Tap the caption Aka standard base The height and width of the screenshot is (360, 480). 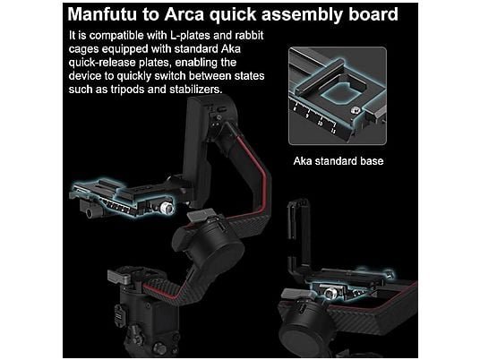tap(339, 161)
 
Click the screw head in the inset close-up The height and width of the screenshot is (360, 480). tap(356, 110)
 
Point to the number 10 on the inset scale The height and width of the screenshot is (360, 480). tap(320, 123)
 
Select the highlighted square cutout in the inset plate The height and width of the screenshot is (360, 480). tap(339, 93)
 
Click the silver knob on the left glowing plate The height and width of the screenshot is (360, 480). tap(167, 208)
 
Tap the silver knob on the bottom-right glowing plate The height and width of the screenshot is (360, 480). tap(330, 294)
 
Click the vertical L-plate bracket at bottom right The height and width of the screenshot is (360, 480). tap(299, 235)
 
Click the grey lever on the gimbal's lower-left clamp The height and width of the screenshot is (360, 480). tap(119, 277)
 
